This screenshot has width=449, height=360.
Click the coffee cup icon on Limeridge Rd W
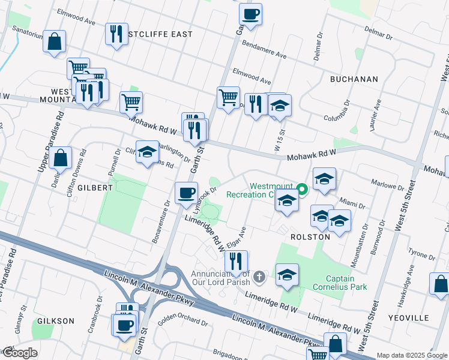186,193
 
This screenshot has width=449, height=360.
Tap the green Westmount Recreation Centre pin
303,190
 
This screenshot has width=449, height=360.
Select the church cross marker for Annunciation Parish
259,277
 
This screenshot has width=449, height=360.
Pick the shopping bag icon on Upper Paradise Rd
61,159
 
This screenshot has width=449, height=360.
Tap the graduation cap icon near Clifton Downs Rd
147,152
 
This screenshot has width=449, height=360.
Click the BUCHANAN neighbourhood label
354,79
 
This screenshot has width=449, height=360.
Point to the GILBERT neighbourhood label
94,188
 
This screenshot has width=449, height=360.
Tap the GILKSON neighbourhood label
55,321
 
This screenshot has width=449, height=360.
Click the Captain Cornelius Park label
348,283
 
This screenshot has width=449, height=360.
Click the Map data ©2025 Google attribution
411,355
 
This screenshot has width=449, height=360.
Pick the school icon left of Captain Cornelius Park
288,275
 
